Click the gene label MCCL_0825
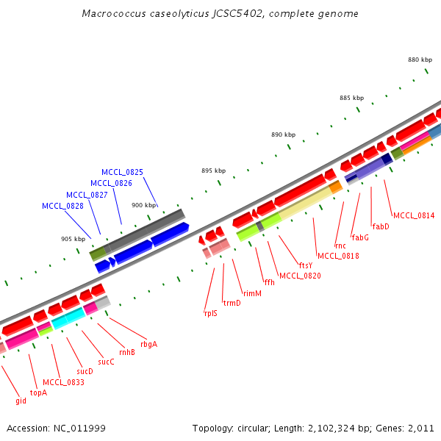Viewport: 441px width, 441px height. click(x=122, y=171)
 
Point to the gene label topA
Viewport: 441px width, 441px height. click(x=38, y=392)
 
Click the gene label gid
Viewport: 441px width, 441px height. click(x=21, y=401)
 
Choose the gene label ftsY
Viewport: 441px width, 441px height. click(x=305, y=265)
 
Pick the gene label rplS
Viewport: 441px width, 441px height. click(x=210, y=312)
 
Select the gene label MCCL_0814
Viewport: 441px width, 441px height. click(x=414, y=215)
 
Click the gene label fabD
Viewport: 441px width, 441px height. click(x=381, y=226)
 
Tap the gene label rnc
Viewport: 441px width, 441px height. click(x=340, y=245)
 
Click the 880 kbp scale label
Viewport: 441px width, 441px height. click(x=419, y=60)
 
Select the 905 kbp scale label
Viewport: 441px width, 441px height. click(x=73, y=238)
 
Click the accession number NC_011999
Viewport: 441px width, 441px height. click(x=80, y=428)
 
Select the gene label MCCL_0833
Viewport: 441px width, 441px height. click(x=63, y=382)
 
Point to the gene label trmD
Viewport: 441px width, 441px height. click(x=232, y=302)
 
